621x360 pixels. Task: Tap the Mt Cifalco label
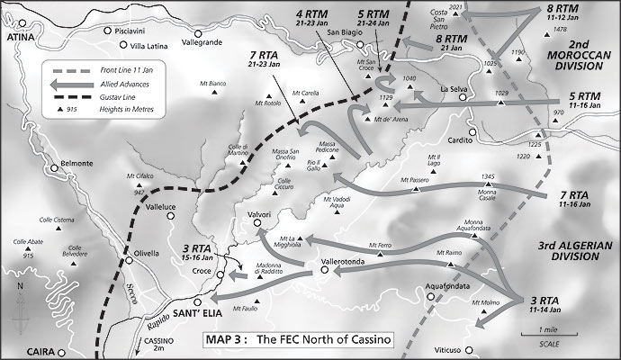click(x=141, y=175)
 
